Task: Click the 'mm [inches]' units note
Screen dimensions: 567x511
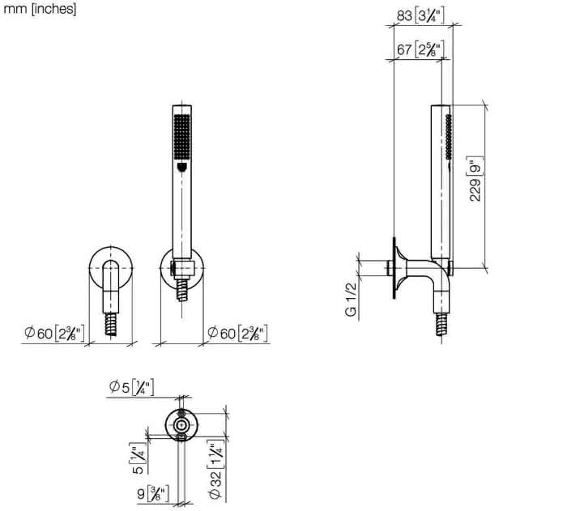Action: pos(40,9)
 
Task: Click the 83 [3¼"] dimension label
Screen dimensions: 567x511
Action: pos(420,15)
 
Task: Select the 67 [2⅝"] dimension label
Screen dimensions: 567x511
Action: pos(420,49)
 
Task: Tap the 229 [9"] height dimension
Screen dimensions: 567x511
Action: pos(475,179)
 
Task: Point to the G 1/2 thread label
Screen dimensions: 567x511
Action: pos(351,300)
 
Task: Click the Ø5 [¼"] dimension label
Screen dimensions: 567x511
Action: pos(131,387)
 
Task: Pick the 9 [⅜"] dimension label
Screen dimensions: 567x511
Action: pos(153,494)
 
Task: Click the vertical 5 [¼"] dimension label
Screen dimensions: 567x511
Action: pos(139,458)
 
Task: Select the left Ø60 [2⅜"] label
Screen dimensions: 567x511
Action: pos(54,333)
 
